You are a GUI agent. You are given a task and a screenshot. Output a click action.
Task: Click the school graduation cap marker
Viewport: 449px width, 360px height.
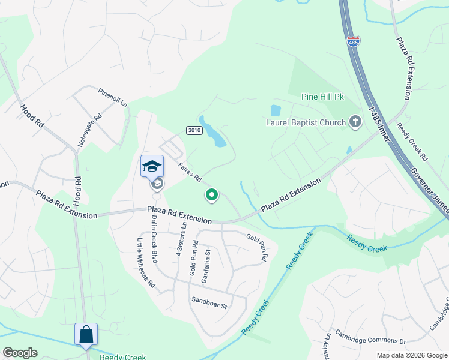tap(152, 166)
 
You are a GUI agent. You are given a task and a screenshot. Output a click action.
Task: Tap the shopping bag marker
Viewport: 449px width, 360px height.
tap(86, 334)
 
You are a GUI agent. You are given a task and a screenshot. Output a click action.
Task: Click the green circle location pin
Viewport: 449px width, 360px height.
tap(211, 194)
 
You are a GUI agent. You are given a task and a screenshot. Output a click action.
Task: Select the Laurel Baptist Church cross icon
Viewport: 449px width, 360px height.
tap(355, 122)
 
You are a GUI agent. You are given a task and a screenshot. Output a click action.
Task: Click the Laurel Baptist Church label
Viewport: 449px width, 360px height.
tap(306, 123)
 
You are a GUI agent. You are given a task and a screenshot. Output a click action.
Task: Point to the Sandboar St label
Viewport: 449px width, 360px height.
tap(209, 302)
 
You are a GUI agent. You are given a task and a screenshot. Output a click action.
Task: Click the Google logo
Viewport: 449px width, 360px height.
tap(20, 353)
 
